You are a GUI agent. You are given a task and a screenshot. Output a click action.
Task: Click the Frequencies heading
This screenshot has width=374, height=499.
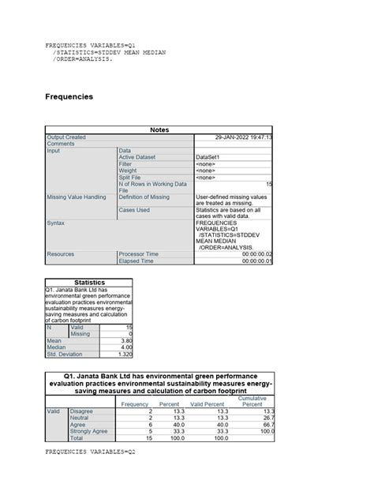[x=69, y=96]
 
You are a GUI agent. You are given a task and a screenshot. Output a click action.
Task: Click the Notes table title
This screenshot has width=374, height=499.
[x=159, y=129]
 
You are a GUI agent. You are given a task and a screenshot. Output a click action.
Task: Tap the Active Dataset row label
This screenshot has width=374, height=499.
[x=137, y=157]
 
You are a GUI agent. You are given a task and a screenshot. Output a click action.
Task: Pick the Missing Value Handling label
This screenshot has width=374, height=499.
[x=77, y=197]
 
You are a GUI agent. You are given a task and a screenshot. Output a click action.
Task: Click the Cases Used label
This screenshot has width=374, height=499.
[x=134, y=210]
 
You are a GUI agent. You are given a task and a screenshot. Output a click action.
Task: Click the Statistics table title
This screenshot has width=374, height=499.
[x=90, y=282]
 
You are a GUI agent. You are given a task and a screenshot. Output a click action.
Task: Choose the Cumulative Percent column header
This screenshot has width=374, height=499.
[x=252, y=401]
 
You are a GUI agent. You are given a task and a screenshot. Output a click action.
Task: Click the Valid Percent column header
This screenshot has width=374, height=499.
[x=208, y=404]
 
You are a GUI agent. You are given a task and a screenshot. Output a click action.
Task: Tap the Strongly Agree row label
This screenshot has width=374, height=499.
[x=89, y=431]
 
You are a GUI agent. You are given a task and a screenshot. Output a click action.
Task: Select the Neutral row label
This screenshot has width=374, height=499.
[x=82, y=418]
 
